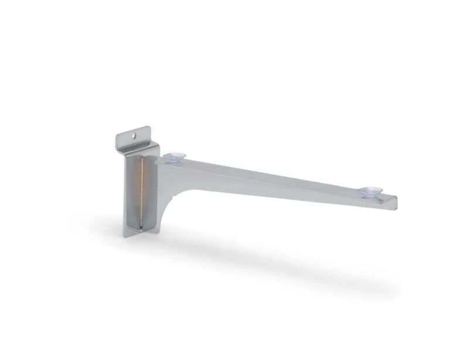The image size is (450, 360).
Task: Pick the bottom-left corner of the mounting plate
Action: click(x=124, y=236)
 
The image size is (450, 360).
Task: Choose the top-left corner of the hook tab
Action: click(x=117, y=136)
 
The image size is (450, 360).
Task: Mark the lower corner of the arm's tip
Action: click(x=396, y=209)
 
